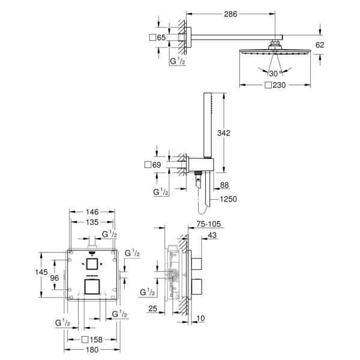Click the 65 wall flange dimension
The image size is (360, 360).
pyautogui.click(x=160, y=38)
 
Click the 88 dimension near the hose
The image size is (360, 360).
pyautogui.click(x=225, y=185)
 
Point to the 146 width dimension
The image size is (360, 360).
pyautogui.click(x=92, y=212)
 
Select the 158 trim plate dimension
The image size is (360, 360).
pyautogui.click(x=95, y=339)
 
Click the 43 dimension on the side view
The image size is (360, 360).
pyautogui.click(x=213, y=235)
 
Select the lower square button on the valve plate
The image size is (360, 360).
pyautogui.click(x=92, y=287)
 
